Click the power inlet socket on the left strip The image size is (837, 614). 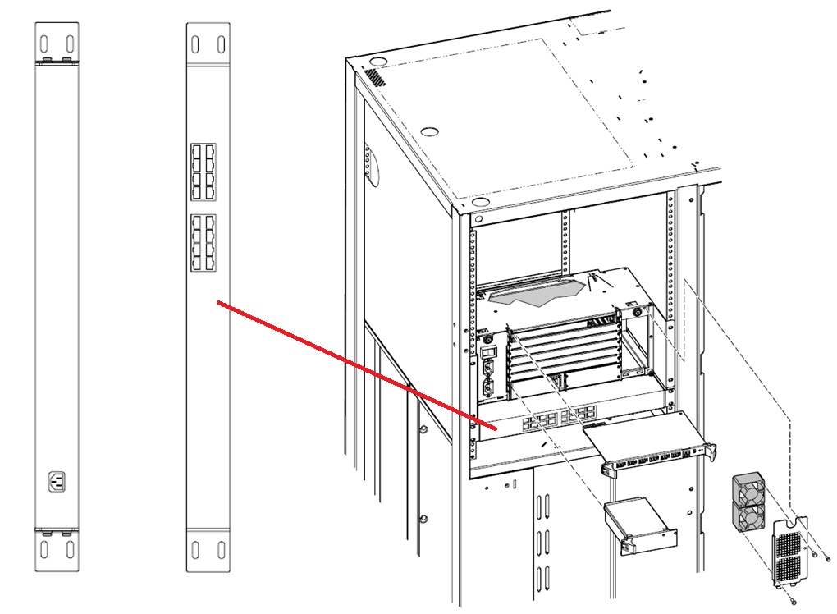pos(57,480)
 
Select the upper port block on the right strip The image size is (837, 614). pos(203,172)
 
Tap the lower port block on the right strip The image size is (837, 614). pos(203,244)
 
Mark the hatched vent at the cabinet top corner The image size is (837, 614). pos(373,78)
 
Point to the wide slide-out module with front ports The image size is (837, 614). pos(648,443)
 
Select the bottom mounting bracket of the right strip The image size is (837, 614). pos(208,549)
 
